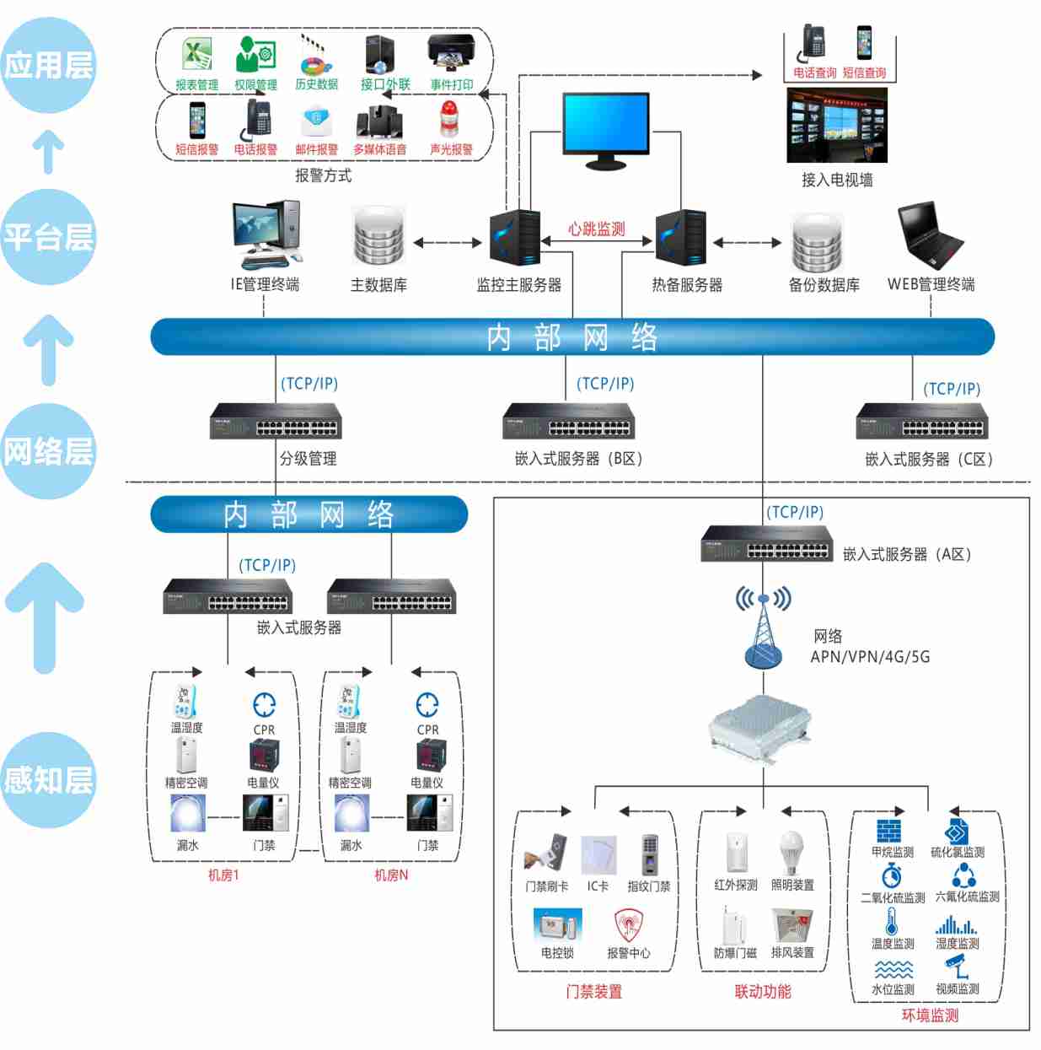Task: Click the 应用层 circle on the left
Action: (x=48, y=66)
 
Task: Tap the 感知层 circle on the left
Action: (x=48, y=780)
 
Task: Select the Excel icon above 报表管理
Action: (x=197, y=56)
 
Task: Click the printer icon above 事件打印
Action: (x=451, y=54)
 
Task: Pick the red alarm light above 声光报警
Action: (x=450, y=119)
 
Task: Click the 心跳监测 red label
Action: (x=596, y=229)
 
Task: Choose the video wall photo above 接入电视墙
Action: (x=836, y=126)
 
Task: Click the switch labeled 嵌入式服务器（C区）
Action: (x=922, y=422)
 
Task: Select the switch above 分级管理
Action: (x=276, y=421)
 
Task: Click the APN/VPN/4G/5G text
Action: (x=870, y=657)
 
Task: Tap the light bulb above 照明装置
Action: (x=791, y=852)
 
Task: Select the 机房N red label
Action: (x=391, y=875)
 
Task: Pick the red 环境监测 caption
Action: (x=930, y=1015)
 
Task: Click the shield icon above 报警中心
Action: (x=628, y=925)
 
